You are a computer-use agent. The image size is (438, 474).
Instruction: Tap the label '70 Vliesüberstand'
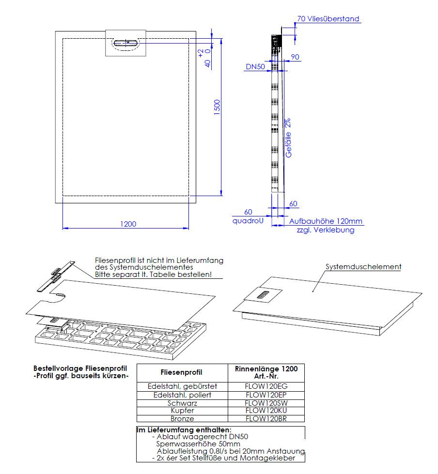click(x=328, y=19)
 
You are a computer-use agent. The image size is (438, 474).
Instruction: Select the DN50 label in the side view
click(x=255, y=67)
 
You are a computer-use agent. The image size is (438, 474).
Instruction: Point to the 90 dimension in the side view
click(x=295, y=57)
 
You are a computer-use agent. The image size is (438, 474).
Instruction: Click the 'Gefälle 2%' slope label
click(x=288, y=138)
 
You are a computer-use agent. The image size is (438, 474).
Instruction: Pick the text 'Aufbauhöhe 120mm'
click(x=326, y=221)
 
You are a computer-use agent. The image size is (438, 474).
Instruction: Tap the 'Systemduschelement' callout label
click(x=363, y=266)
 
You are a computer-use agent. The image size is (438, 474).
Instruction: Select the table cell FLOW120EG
click(x=266, y=386)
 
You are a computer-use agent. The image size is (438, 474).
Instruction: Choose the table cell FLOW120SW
click(x=266, y=403)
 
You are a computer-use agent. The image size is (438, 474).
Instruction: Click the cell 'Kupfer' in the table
click(x=182, y=411)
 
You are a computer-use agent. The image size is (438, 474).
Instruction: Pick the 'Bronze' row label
click(x=182, y=419)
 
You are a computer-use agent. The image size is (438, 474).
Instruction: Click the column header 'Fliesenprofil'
click(x=182, y=372)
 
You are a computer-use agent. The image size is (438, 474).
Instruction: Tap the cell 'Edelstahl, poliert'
click(x=182, y=395)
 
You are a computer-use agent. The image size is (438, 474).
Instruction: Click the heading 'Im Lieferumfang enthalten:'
click(x=184, y=430)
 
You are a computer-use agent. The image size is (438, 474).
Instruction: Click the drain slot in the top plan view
click(x=126, y=43)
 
